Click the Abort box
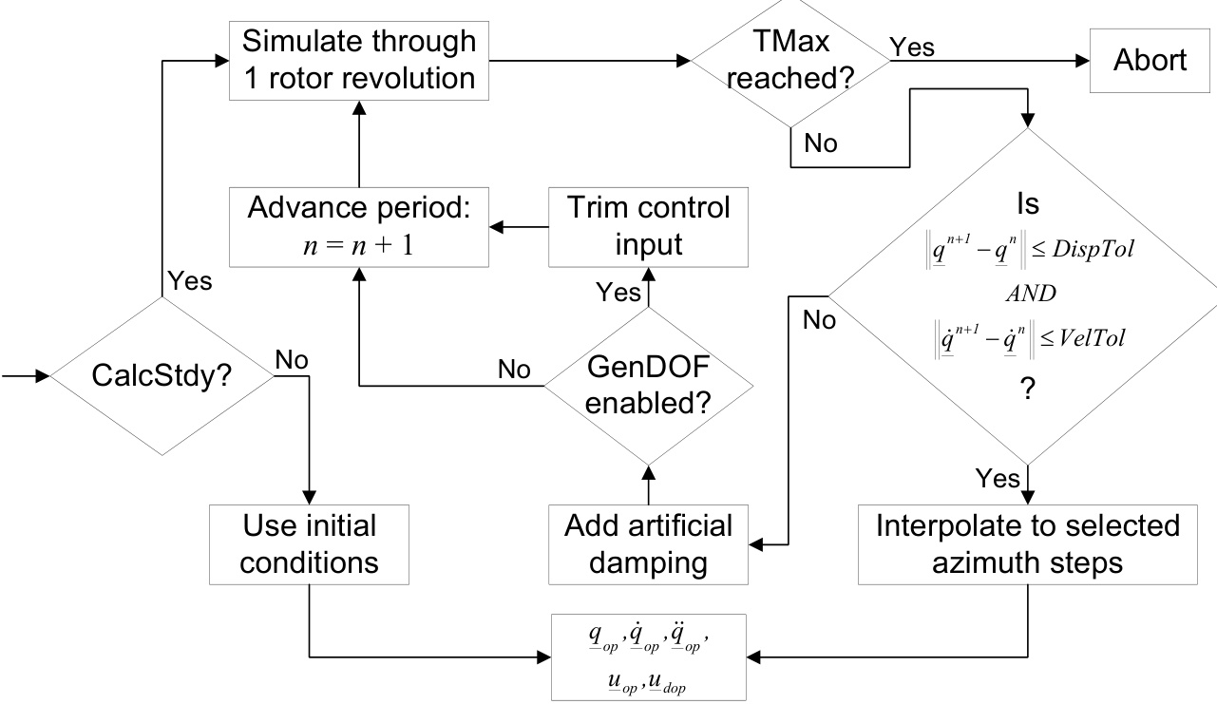(1150, 61)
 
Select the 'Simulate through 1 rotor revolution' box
(358, 61)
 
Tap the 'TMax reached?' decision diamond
(790, 61)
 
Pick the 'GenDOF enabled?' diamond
(647, 385)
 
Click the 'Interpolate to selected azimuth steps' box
(1028, 544)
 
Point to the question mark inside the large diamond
(1025, 390)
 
